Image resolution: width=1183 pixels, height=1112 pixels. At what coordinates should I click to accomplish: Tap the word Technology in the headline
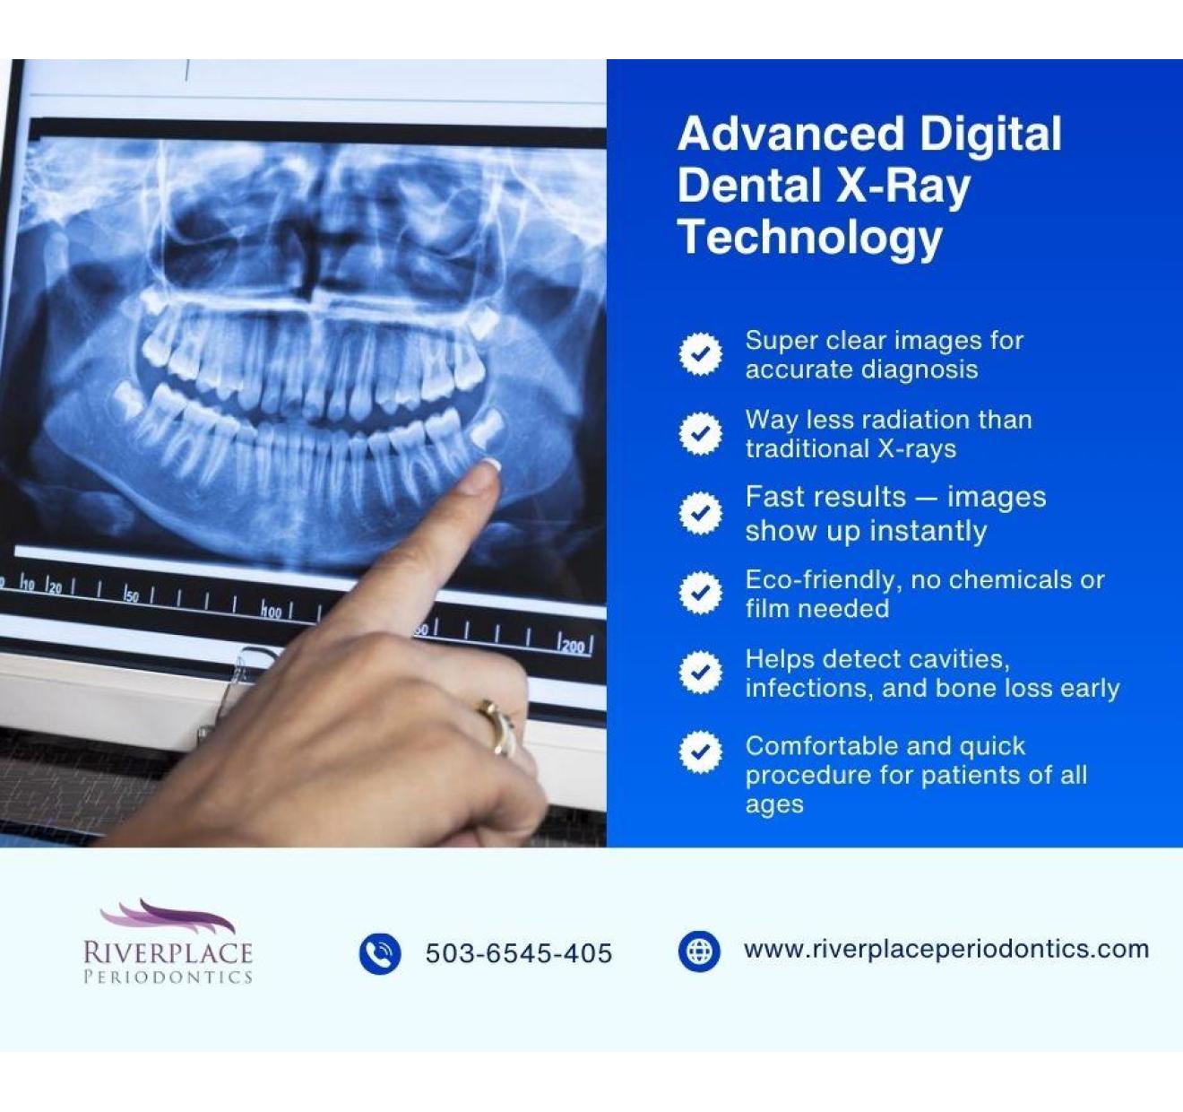pos(809,238)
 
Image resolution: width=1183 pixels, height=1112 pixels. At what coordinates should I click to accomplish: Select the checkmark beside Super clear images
pos(701,354)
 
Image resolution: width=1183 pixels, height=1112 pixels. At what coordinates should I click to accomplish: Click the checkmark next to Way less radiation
pos(701,433)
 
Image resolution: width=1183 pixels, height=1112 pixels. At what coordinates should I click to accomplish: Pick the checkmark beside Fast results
pos(701,513)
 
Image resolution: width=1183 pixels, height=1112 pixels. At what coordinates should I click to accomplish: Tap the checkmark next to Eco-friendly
pos(701,593)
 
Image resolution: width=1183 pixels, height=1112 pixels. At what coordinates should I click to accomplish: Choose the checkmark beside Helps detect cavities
pos(701,672)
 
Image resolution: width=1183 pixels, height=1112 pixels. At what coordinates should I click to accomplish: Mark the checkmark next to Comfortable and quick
pos(701,751)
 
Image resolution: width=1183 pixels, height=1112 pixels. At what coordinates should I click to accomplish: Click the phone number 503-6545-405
pos(518,953)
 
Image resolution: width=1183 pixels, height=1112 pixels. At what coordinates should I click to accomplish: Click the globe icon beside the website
pos(699,951)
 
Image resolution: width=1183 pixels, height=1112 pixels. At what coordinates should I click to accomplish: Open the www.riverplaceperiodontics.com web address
pos(946,949)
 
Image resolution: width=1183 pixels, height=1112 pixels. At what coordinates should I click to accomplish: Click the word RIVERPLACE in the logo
pos(168,952)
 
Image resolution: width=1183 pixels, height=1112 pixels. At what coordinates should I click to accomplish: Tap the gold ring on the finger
pos(497,728)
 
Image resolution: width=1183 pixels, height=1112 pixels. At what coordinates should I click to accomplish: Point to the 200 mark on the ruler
pos(573,646)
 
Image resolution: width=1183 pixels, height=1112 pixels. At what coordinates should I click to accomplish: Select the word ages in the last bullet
pos(774,805)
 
